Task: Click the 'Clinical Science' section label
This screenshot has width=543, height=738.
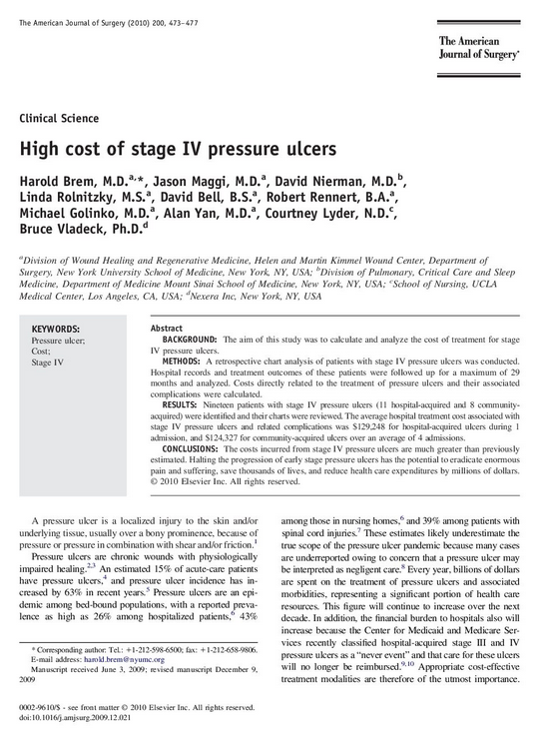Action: pyautogui.click(x=59, y=118)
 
